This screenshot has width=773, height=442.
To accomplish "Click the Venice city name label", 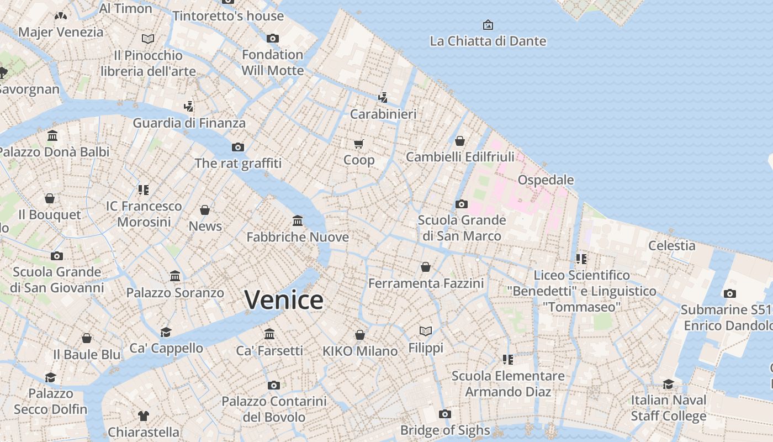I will tap(284, 300).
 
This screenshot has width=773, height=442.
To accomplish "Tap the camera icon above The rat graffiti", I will tap(238, 147).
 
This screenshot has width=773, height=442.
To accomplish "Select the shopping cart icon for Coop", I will tap(359, 144).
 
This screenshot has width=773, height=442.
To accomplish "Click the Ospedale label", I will tap(546, 180).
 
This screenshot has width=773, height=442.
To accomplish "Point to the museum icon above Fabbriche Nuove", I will tap(298, 221).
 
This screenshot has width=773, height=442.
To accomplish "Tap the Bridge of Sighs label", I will tap(444, 430).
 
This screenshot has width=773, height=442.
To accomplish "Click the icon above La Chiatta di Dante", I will tap(488, 25).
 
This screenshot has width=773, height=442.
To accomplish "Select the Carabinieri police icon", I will tap(383, 98).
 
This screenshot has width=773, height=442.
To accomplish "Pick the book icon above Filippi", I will tap(425, 331).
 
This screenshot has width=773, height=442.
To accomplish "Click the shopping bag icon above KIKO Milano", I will tap(360, 335).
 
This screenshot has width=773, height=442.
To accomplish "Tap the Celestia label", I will tap(671, 245).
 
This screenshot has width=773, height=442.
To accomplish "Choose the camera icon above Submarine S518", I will tap(730, 294).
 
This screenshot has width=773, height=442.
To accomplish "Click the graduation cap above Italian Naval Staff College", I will tap(668, 384).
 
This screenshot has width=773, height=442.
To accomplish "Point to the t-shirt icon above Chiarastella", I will tap(144, 415).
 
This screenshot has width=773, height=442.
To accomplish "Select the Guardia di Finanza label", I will tap(189, 123).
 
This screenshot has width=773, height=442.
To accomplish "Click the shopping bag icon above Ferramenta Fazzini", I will tap(426, 267).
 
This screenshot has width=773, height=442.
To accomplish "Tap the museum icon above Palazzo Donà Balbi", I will tap(52, 135).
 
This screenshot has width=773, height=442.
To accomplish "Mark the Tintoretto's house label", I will tap(228, 16).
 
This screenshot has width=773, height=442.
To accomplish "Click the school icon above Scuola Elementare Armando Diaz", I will tap(508, 360).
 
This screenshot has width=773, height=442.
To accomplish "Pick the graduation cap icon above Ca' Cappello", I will tap(166, 332).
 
